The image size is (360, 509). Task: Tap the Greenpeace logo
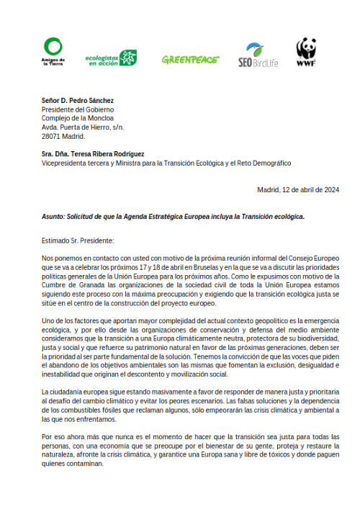coord(190,60)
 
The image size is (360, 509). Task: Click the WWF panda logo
coord(306,53)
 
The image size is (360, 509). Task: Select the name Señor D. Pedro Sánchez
coord(78,100)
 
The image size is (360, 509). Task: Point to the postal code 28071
coord(52,136)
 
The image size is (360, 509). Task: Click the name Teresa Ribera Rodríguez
coord(107,154)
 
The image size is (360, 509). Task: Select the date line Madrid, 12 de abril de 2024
coord(297,190)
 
